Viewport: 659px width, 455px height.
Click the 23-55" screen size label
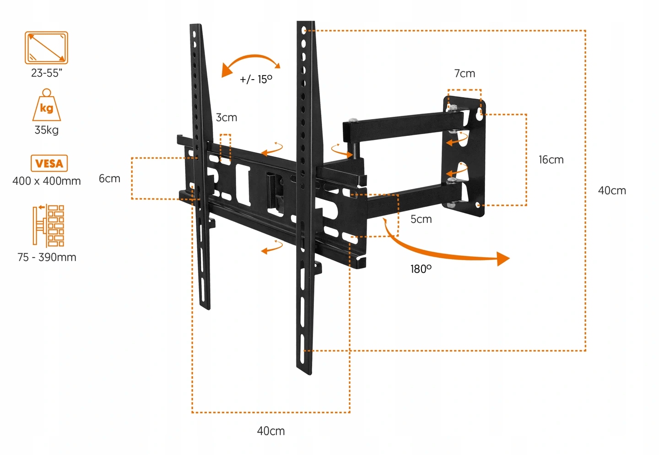(46, 73)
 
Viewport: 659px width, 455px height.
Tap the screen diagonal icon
(46, 48)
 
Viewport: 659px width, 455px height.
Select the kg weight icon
(46, 106)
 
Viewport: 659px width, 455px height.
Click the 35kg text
(46, 130)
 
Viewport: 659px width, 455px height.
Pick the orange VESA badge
(49, 163)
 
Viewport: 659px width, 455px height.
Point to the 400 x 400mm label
(46, 181)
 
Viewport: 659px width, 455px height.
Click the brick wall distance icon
(48, 226)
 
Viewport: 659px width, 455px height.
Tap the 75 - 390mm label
(47, 257)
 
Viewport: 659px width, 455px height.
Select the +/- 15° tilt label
(256, 79)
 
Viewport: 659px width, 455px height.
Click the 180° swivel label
(421, 269)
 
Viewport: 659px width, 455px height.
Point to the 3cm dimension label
(227, 118)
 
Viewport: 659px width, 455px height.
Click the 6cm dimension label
(109, 179)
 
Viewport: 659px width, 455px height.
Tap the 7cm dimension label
(465, 73)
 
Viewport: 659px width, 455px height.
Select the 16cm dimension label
(551, 160)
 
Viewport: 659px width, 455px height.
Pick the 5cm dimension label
(421, 219)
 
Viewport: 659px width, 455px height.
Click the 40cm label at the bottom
(271, 431)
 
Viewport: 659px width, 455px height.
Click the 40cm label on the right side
(612, 190)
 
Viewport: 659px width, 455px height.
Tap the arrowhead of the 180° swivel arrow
(503, 259)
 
